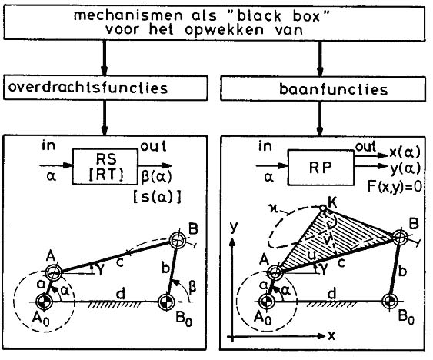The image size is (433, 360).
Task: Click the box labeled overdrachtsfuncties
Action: pyautogui.click(x=105, y=88)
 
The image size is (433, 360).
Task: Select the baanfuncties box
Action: pyautogui.click(x=323, y=88)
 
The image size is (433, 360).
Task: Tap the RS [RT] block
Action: pyautogui.click(x=105, y=167)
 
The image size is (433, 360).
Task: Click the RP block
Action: pyautogui.click(x=321, y=168)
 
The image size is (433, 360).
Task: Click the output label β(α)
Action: pyautogui.click(x=156, y=177)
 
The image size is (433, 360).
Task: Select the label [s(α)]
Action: pyautogui.click(x=157, y=197)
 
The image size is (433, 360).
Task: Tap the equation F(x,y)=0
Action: pyautogui.click(x=394, y=186)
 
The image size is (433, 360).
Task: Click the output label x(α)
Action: pyautogui.click(x=405, y=152)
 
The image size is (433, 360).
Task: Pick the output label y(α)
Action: pyautogui.click(x=405, y=168)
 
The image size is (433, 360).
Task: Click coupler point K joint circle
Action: pyautogui.click(x=323, y=207)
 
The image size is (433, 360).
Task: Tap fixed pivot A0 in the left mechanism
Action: pyautogui.click(x=44, y=302)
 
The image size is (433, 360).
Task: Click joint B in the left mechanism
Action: pyautogui.click(x=178, y=240)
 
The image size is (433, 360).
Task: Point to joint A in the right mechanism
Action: pyautogui.click(x=275, y=272)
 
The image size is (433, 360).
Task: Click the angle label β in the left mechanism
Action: pyautogui.click(x=192, y=287)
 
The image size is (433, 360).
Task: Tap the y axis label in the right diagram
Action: pyautogui.click(x=234, y=227)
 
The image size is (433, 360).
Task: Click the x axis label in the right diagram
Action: pyautogui.click(x=331, y=335)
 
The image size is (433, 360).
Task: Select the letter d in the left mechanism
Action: pyautogui.click(x=121, y=293)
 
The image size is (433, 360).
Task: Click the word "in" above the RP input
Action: pyautogui.click(x=265, y=145)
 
